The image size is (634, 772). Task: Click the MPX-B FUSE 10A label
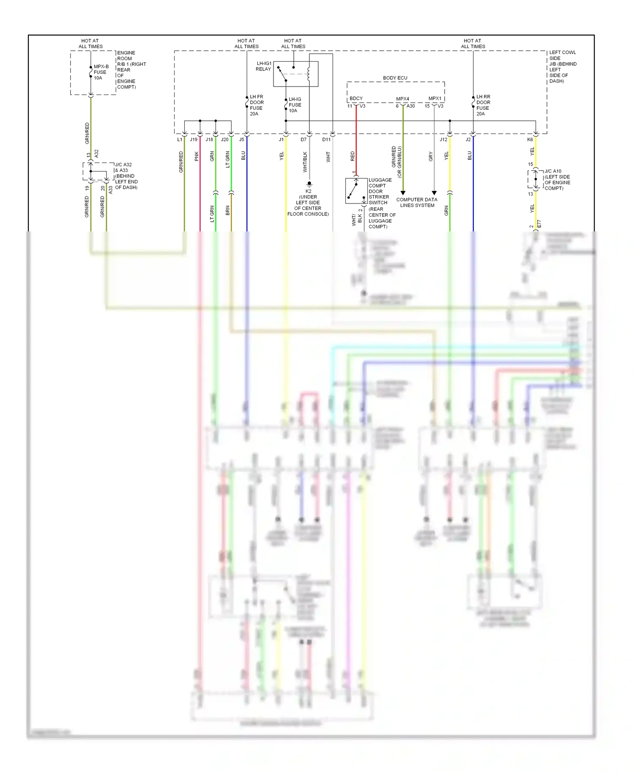[x=101, y=72]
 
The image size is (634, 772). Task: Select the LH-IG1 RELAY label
[x=264, y=66]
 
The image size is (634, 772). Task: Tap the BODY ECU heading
[x=395, y=78]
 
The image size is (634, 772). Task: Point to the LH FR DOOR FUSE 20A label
[x=257, y=105]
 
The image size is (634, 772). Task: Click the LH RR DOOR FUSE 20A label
[x=483, y=105]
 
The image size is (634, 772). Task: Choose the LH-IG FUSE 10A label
[x=295, y=105]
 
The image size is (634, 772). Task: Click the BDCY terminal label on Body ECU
[x=356, y=98]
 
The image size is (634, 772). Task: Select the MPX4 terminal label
[x=402, y=99]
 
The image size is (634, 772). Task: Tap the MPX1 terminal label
[x=435, y=98]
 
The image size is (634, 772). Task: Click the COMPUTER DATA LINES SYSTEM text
[x=417, y=202]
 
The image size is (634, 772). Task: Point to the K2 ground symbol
[x=309, y=184]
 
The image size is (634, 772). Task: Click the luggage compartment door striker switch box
[x=356, y=191]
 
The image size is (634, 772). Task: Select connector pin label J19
[x=194, y=139]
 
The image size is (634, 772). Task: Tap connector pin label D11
[x=326, y=139]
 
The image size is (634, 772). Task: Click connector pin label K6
[x=530, y=139]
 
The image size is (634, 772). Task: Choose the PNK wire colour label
[x=197, y=156]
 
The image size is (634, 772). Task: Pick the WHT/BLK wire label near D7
[x=305, y=162]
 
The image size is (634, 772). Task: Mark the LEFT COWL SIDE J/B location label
[x=562, y=67]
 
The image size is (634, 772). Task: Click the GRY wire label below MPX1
[x=431, y=156]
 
